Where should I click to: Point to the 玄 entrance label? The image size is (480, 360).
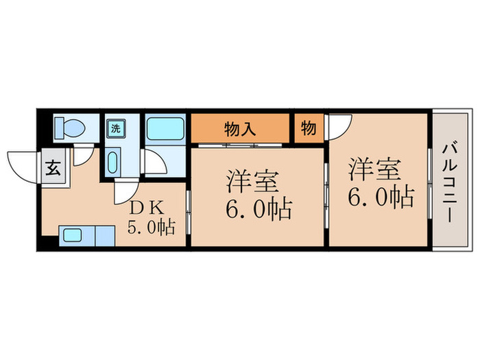click(x=52, y=167)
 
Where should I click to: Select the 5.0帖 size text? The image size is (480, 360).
click(x=151, y=226)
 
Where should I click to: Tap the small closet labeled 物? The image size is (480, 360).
click(x=308, y=128)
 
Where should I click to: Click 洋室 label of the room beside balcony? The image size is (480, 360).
click(x=374, y=169)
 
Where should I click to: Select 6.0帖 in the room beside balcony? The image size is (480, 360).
click(x=380, y=197)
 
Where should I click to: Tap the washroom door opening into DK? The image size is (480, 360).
click(x=125, y=191)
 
